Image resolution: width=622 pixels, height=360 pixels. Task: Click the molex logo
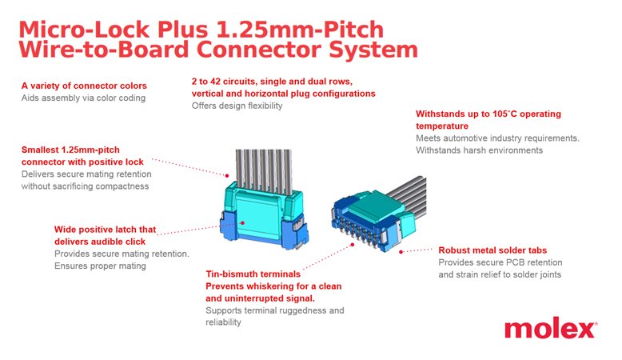click(550, 329)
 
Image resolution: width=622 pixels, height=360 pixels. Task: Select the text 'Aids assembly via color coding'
click(83, 98)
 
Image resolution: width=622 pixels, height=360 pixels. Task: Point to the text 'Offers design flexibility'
click(237, 106)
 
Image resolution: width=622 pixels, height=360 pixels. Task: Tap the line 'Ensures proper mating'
click(100, 266)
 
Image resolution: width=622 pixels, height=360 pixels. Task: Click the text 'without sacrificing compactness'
click(85, 186)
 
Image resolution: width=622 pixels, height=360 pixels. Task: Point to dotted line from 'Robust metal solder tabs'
click(416, 250)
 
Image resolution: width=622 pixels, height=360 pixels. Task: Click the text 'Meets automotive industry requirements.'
click(497, 138)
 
